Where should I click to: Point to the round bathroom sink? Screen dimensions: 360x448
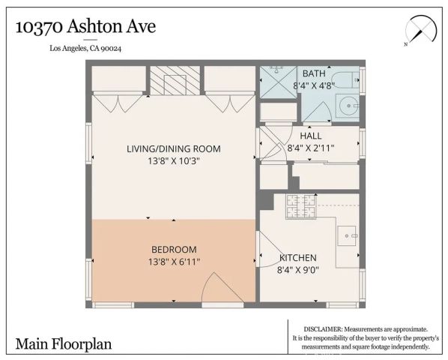pyautogui.click(x=348, y=106)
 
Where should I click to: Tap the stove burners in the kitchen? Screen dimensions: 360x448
pyautogui.click(x=300, y=209)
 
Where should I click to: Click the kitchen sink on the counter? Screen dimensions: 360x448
pyautogui.click(x=348, y=237)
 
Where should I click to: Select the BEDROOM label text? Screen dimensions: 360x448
pyautogui.click(x=174, y=250)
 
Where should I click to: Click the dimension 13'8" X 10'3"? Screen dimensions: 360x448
pyautogui.click(x=174, y=160)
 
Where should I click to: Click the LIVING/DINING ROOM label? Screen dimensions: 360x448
pyautogui.click(x=174, y=148)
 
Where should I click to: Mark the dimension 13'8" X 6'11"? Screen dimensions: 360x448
pyautogui.click(x=174, y=261)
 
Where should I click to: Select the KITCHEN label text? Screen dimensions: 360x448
pyautogui.click(x=297, y=257)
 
